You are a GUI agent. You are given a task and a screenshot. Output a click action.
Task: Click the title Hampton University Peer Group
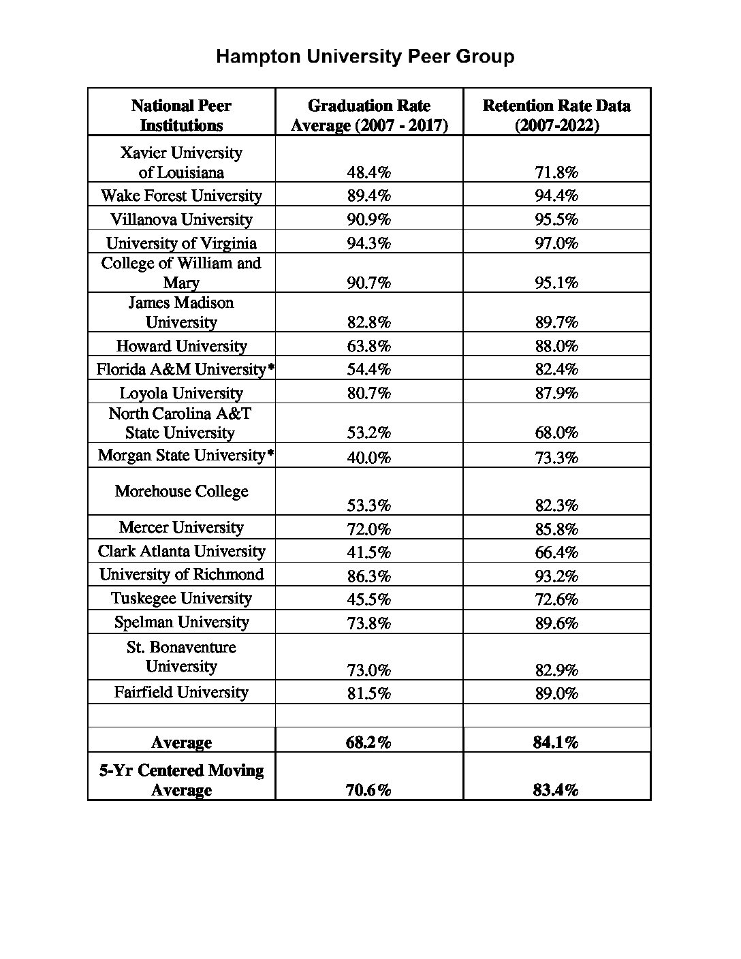point(365,57)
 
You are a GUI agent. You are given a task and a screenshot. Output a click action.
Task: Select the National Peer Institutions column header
point(181,115)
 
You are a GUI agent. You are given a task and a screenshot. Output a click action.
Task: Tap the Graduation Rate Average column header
point(369,115)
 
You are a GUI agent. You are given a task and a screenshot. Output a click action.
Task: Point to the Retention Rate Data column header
point(556,115)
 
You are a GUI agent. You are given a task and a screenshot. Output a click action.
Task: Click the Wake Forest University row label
point(181,196)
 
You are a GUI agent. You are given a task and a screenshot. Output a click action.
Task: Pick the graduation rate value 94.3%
point(369,243)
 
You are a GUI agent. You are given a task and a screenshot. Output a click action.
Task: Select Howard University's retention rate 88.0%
point(556,346)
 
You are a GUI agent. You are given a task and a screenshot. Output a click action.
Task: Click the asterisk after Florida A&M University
point(271,368)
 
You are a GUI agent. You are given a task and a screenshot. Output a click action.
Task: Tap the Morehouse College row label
point(181,491)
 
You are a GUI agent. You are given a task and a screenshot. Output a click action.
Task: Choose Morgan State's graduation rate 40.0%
point(369,458)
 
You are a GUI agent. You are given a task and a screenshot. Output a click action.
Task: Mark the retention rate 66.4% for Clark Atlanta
point(556,552)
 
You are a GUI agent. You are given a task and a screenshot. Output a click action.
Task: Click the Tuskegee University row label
point(181,599)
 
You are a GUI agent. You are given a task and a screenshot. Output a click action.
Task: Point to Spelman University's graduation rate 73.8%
point(369,623)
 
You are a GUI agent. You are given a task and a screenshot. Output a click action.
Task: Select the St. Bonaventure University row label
point(181,657)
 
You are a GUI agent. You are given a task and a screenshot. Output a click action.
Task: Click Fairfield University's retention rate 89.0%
point(556,693)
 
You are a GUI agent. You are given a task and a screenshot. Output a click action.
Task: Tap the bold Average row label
point(181,742)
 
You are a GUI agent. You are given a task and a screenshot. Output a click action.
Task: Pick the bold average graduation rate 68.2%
point(369,742)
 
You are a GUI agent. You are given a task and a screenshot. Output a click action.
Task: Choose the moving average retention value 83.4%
point(556,790)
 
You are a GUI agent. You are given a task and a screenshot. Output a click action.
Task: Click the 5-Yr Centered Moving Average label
point(181,780)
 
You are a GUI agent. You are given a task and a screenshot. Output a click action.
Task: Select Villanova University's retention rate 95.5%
point(556,219)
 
